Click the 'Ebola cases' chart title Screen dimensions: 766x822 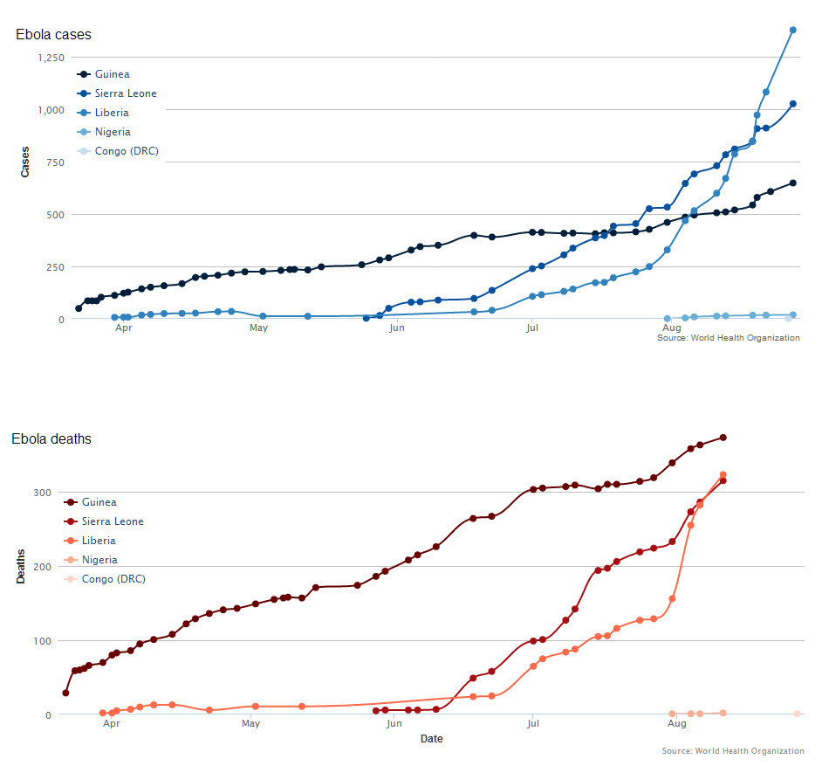click(x=53, y=35)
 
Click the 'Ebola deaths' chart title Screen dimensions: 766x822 click(x=51, y=438)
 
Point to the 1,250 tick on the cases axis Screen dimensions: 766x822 click(x=51, y=58)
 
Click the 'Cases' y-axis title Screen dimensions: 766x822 click(x=25, y=162)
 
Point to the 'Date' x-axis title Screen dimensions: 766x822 click(x=431, y=739)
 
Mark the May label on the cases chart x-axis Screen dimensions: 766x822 click(x=258, y=329)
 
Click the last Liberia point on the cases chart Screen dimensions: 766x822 click(x=793, y=30)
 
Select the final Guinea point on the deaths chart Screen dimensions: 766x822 click(x=723, y=438)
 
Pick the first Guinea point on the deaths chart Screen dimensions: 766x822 click(x=65, y=693)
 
